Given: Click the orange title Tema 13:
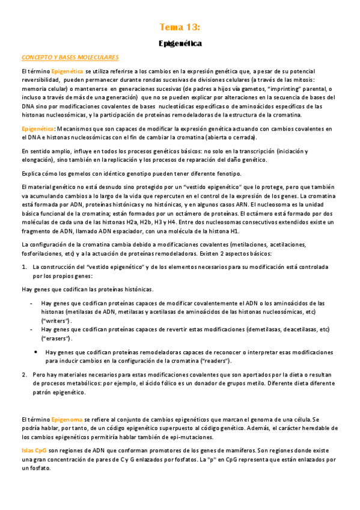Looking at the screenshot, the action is (x=180, y=27).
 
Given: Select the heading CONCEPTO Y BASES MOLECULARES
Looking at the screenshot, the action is (x=70, y=57).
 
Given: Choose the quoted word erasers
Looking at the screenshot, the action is (x=56, y=339).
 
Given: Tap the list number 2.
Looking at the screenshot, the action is (x=23, y=374).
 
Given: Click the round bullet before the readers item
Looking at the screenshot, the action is (x=36, y=352).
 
